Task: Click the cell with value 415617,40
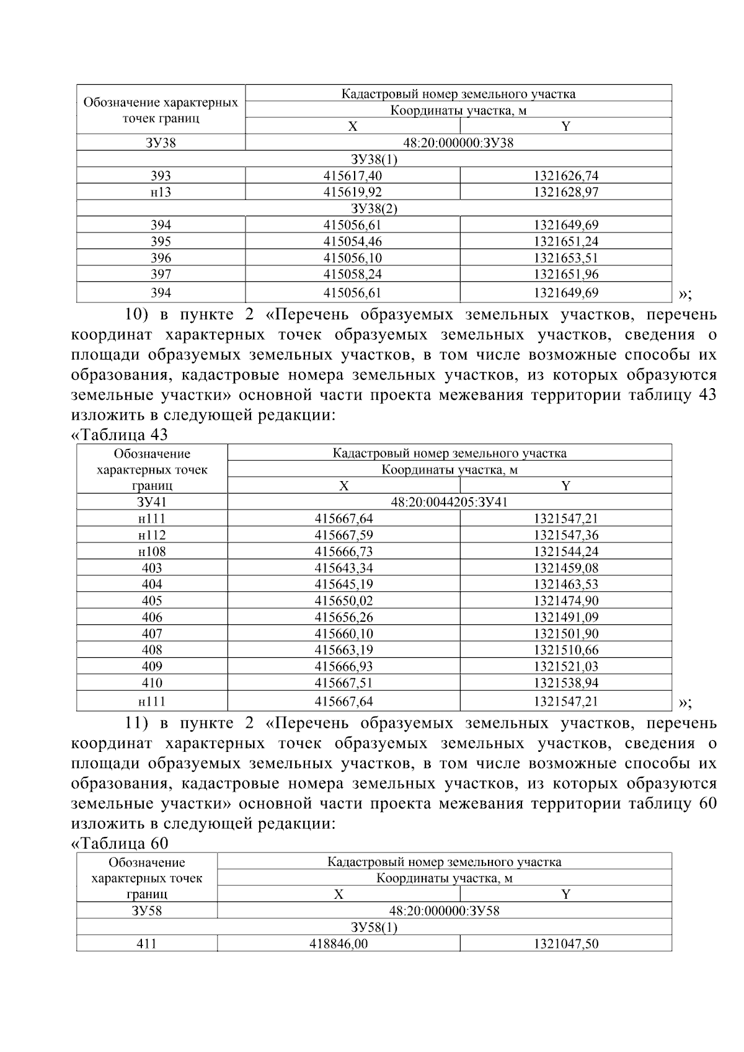pos(352,175)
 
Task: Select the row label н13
pos(161,192)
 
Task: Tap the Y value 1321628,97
pos(565,192)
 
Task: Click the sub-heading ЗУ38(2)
pos(374,208)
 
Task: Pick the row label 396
pos(161,258)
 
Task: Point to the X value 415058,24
pos(352,274)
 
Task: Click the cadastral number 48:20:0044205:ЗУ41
pos(449,502)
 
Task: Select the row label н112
pos(152,535)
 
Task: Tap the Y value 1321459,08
pos(565,568)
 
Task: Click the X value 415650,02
pos(343,601)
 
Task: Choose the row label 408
pos(152,650)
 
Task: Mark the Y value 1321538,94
pos(565,683)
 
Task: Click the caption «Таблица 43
pos(120,435)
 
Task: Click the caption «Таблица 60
pos(120,843)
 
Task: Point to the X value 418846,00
pos(339,944)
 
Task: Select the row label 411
pos(146,944)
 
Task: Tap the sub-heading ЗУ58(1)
pos(374,927)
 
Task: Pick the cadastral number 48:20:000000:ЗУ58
pos(444,911)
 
